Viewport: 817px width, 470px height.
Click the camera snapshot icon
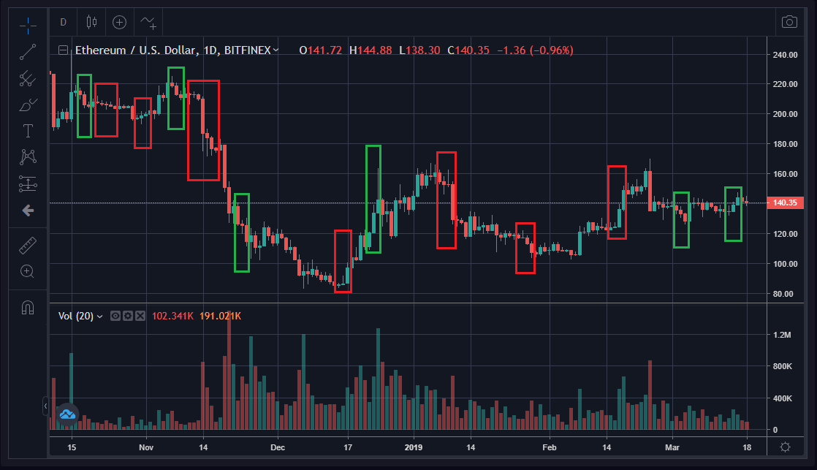(789, 22)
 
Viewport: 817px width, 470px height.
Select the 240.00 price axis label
(786, 55)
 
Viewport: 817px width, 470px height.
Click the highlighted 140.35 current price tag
(786, 203)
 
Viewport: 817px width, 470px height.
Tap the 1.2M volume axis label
(782, 335)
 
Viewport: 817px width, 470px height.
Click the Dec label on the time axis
(278, 447)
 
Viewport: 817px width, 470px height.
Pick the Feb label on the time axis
(550, 447)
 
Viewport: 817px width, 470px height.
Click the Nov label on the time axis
(145, 447)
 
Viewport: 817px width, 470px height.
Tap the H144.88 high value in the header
(371, 50)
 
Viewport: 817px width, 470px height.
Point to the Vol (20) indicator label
(80, 316)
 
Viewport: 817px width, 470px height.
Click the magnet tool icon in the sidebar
(28, 308)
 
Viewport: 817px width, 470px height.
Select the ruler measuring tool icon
(28, 244)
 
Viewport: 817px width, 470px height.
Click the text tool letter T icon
(28, 132)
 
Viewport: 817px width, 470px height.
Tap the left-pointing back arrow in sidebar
(28, 211)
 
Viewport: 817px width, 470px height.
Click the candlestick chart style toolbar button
(91, 22)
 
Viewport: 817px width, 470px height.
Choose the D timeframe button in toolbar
(63, 22)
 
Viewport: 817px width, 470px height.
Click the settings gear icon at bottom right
(786, 447)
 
